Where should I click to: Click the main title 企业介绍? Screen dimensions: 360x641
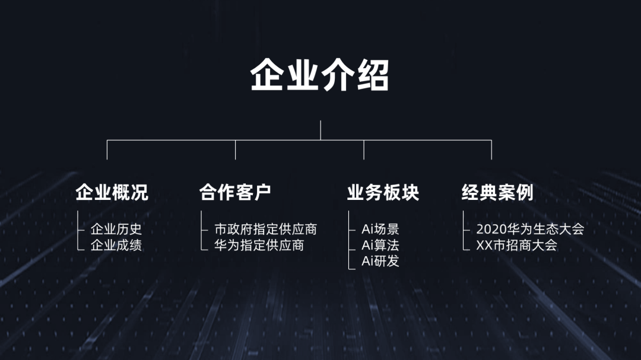click(x=320, y=76)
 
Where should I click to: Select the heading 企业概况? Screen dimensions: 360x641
click(x=112, y=192)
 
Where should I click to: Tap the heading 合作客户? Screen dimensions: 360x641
click(x=235, y=192)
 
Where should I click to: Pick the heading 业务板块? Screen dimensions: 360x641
click(x=383, y=192)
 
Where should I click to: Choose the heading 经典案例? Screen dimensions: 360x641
click(x=497, y=192)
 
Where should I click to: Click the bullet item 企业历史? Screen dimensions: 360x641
click(x=116, y=229)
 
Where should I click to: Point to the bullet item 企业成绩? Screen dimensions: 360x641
click(x=116, y=244)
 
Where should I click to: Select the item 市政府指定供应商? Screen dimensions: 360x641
click(x=265, y=229)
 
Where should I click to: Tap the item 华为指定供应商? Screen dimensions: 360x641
click(x=259, y=244)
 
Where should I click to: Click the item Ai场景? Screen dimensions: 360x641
click(x=380, y=229)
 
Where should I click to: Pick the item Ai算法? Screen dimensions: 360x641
click(x=380, y=244)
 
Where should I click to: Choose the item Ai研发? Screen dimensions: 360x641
click(x=380, y=260)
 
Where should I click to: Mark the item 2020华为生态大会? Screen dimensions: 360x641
click(x=530, y=229)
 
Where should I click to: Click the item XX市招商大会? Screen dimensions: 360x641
click(x=516, y=244)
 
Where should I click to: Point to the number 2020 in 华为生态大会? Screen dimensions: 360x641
click(x=490, y=229)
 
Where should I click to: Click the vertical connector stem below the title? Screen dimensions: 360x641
click(x=320, y=130)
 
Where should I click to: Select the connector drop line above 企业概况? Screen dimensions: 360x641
click(x=107, y=150)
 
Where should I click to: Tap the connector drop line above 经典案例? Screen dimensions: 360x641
click(x=491, y=150)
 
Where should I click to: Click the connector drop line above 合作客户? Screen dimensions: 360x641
click(x=236, y=150)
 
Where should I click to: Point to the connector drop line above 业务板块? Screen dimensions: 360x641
click(x=364, y=150)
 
